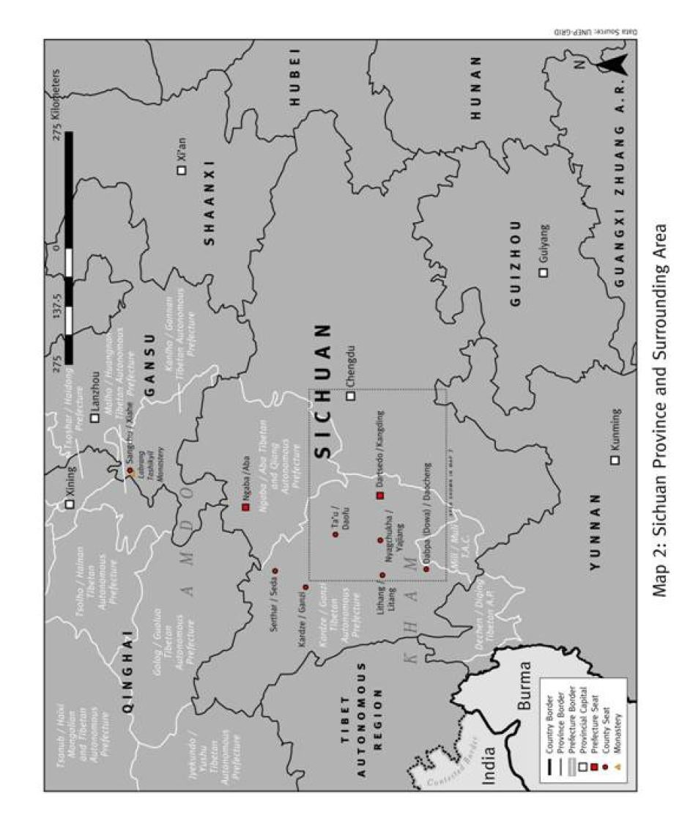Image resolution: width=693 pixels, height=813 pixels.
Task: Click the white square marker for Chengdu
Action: [x=350, y=396]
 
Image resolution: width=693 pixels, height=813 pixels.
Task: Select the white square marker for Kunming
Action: [x=615, y=460]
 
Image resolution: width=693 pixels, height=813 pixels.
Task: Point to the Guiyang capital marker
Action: [x=543, y=273]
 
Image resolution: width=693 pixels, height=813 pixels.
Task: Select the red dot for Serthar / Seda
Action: [x=275, y=570]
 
